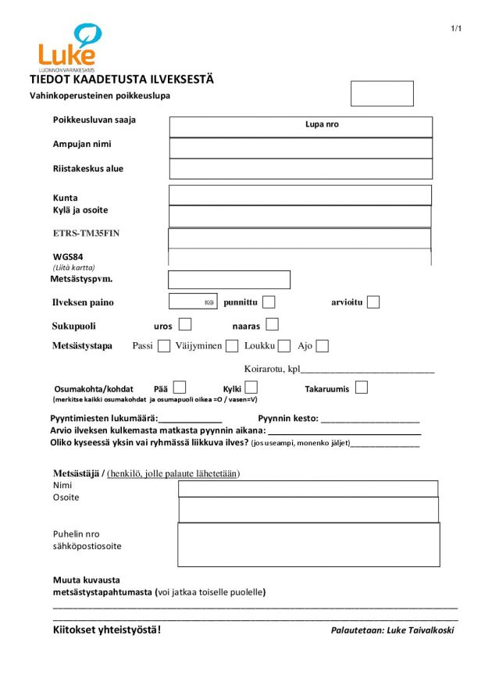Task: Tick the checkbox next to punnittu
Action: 269,302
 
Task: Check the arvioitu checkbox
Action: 373,302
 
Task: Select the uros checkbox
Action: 185,325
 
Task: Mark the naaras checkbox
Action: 272,324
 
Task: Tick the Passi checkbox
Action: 164,346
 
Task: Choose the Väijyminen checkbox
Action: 232,346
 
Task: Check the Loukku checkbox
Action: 284,346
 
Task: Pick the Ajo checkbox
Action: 323,346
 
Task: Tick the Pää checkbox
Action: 180,387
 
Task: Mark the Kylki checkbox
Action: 251,387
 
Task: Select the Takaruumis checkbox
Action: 361,387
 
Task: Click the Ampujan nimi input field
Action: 301,148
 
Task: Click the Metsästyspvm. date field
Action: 229,280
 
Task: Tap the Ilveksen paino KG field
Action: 192,302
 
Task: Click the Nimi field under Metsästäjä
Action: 308,489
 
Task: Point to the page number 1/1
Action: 457,29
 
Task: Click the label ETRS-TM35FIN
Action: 86,233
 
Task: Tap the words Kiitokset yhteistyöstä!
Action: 107,630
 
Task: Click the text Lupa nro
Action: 322,124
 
